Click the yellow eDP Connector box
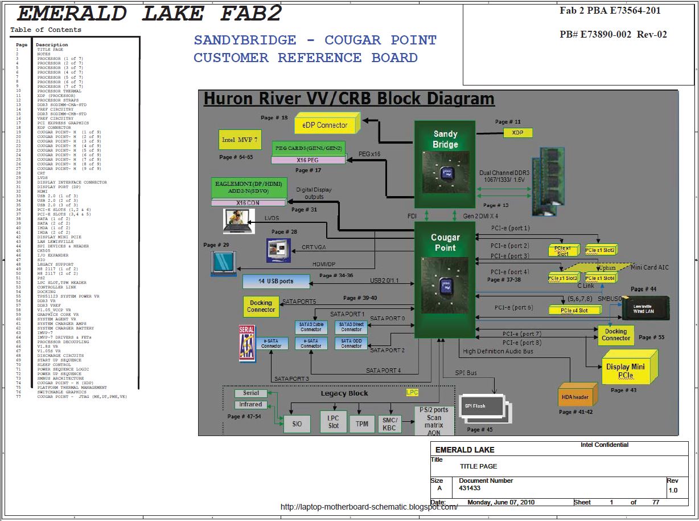click(324, 125)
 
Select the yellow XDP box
click(517, 133)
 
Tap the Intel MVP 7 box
click(236, 140)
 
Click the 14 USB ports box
click(276, 282)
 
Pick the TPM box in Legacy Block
click(362, 424)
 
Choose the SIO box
click(297, 424)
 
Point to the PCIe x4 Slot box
click(574, 311)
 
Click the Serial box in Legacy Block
click(250, 393)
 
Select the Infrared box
click(250, 405)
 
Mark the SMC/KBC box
click(389, 424)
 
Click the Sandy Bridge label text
click(445, 139)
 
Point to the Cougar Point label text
click(445, 243)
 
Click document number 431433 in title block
click(470, 489)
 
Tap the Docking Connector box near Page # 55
click(615, 335)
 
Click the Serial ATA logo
click(246, 343)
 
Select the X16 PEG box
click(307, 160)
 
